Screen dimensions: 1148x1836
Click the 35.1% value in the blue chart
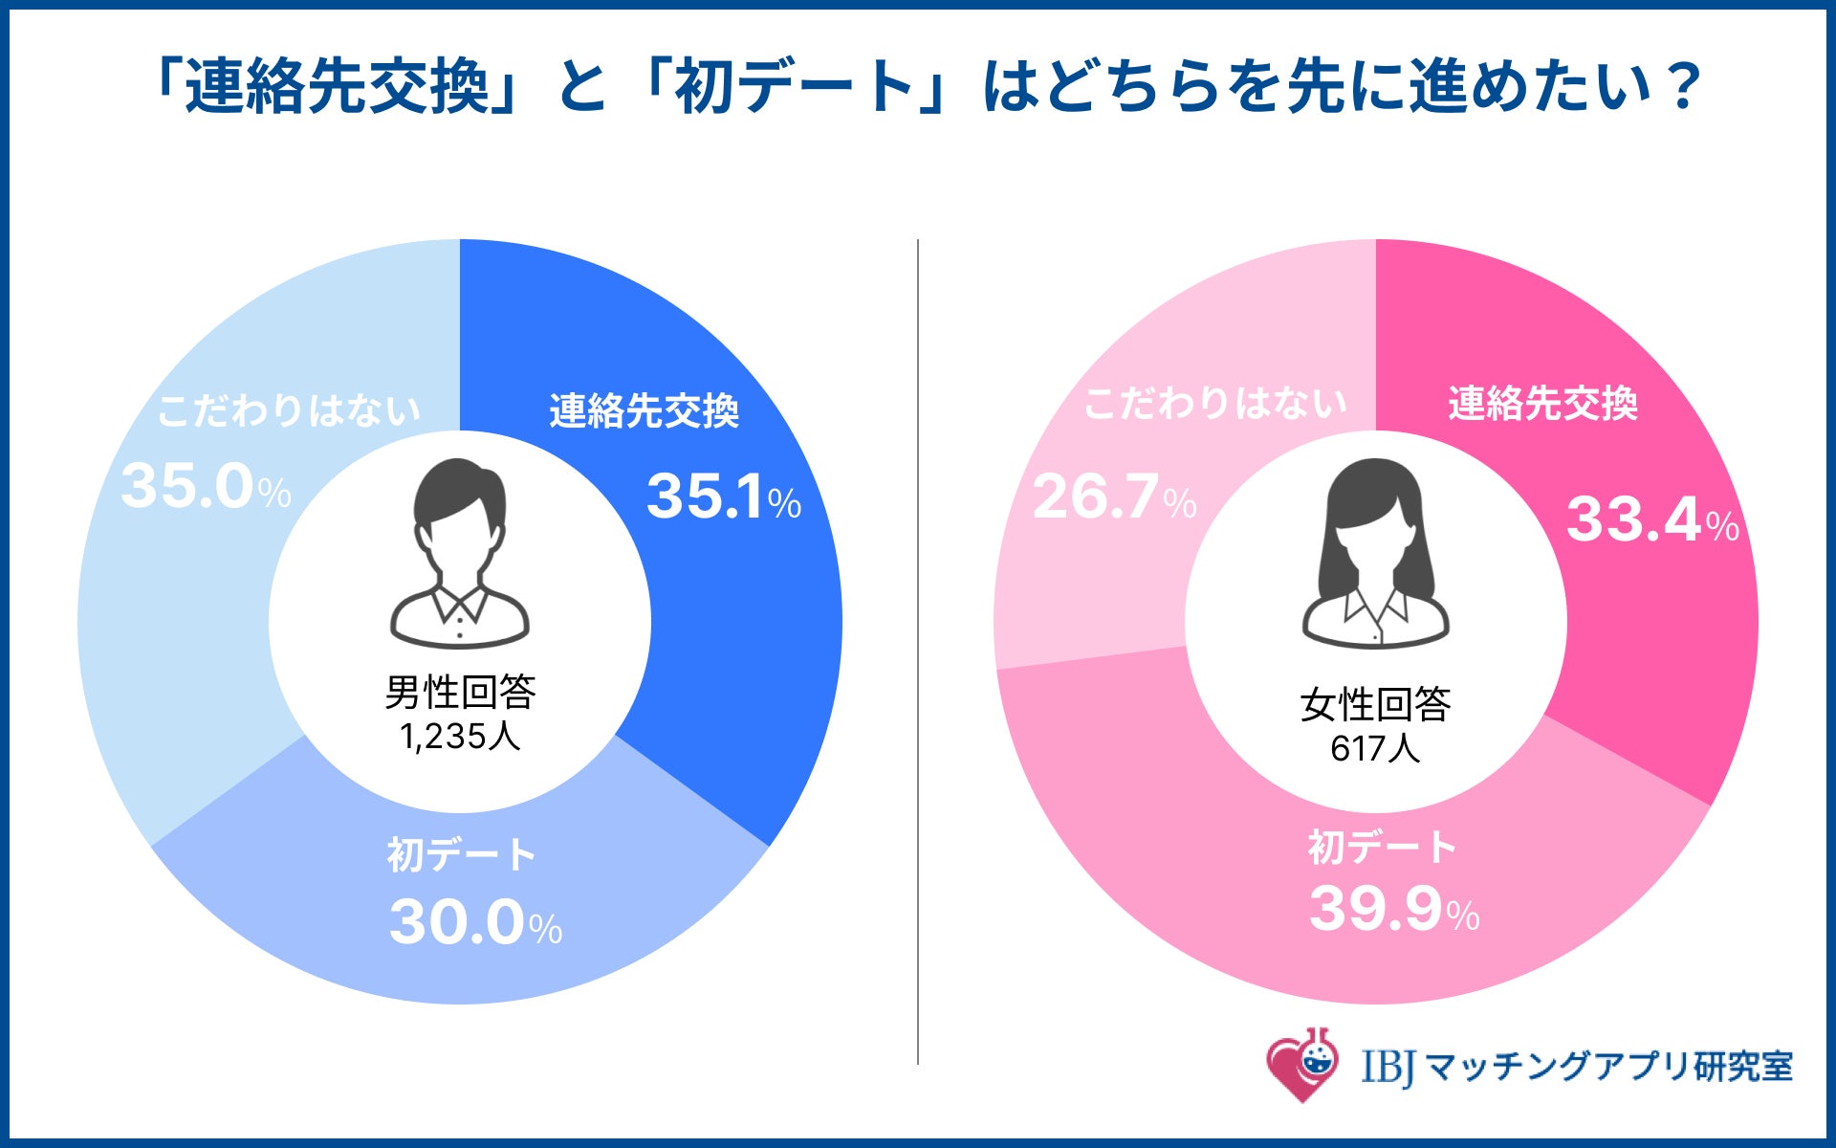click(x=723, y=497)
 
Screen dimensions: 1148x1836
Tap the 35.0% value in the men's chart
click(x=206, y=486)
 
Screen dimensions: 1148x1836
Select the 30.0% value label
click(x=475, y=922)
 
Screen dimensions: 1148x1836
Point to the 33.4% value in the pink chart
click(x=1651, y=519)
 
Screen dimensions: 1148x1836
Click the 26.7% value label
click(x=1114, y=497)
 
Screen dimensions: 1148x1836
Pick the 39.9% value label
click(x=1393, y=908)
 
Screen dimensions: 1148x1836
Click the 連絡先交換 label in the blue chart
click(x=644, y=410)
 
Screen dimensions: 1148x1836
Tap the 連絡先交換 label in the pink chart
click(x=1542, y=403)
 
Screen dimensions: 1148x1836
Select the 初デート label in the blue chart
click(x=462, y=854)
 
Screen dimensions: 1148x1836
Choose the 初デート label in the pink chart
click(x=1382, y=847)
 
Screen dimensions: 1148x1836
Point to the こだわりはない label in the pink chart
click(x=1215, y=403)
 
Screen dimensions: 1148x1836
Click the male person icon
click(x=460, y=553)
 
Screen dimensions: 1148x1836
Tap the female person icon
click(x=1375, y=552)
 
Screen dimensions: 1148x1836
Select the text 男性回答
click(x=460, y=692)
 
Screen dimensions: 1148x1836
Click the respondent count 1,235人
click(x=460, y=736)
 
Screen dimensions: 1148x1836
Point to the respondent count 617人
click(x=1375, y=747)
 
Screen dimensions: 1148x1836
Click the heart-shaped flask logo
click(x=1301, y=1064)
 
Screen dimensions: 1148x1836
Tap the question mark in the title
click(x=1680, y=86)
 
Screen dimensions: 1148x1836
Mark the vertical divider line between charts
click(x=918, y=651)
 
